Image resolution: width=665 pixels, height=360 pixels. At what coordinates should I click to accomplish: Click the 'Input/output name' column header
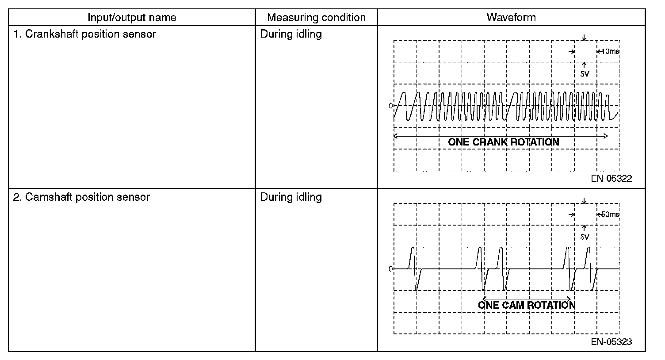click(x=132, y=18)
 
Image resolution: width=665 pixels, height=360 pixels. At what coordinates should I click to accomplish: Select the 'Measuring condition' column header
click(x=316, y=18)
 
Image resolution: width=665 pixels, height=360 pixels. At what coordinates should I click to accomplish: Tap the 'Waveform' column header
click(x=511, y=18)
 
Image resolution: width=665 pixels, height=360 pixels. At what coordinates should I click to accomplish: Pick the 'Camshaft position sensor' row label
click(x=81, y=197)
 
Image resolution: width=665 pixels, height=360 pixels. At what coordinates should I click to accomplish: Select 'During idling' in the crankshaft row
click(x=290, y=34)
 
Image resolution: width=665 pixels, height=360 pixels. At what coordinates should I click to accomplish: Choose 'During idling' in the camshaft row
click(x=290, y=197)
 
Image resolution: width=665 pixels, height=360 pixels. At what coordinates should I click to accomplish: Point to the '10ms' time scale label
click(x=610, y=51)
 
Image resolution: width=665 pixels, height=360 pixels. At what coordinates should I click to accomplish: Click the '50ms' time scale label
click(x=610, y=214)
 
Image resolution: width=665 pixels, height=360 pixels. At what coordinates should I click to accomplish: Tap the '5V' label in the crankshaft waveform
click(x=585, y=74)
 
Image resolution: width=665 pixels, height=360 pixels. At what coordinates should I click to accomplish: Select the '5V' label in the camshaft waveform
click(x=585, y=237)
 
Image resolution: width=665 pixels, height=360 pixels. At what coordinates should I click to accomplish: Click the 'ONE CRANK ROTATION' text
click(x=504, y=142)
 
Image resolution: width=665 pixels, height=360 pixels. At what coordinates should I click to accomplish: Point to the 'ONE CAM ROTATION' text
click(x=527, y=305)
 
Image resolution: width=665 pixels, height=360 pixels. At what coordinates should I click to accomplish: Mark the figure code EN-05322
click(x=611, y=179)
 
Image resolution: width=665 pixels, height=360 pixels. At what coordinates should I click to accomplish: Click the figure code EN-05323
click(x=611, y=342)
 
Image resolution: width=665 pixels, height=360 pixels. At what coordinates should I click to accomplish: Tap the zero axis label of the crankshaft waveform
click(x=390, y=106)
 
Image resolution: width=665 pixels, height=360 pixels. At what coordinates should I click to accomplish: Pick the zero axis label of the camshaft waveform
click(x=390, y=269)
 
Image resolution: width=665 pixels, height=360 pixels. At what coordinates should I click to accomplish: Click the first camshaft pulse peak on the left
click(x=413, y=249)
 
